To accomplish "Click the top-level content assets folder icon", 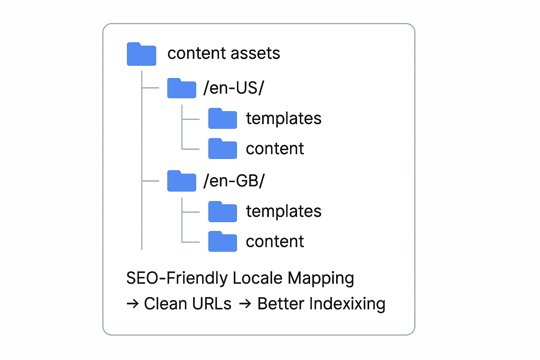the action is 142,54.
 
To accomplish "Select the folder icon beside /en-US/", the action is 181,88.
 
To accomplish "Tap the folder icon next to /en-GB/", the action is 181,181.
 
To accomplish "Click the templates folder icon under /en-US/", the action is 223,118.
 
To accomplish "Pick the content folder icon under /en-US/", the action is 223,148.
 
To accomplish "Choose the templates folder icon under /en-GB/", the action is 223,212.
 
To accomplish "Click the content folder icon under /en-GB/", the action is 223,242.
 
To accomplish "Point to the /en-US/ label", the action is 233,88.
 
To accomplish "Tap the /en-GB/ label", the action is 234,181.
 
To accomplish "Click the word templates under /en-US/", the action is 284,118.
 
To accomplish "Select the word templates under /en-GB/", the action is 284,211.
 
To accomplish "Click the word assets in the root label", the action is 255,53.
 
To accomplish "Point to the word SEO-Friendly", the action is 177,278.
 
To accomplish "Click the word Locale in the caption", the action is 257,278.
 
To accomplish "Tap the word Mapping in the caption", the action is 321,278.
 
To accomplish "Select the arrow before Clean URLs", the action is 133,304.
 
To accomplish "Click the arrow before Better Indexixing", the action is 245,304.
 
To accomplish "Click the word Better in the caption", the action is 281,303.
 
